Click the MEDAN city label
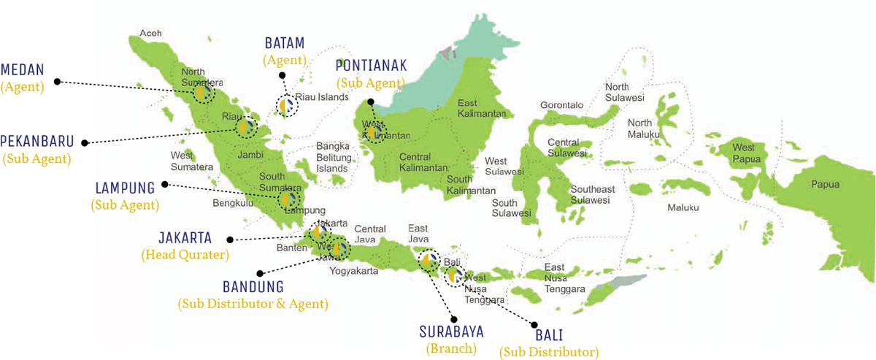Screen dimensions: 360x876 (x=23, y=70)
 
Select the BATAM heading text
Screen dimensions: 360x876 (x=285, y=43)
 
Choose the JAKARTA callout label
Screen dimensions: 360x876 (x=185, y=238)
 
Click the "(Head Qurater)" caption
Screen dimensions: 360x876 (x=185, y=256)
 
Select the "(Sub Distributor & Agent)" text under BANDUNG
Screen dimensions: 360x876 (x=253, y=302)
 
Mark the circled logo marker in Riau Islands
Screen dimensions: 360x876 (x=288, y=107)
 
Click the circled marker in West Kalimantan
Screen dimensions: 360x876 (x=374, y=132)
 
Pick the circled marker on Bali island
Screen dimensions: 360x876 (x=454, y=275)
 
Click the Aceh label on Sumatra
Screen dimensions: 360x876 (x=150, y=33)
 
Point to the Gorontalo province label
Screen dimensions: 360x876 (x=561, y=105)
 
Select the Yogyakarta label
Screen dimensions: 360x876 (x=354, y=271)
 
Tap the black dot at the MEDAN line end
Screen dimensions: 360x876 (x=58, y=81)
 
